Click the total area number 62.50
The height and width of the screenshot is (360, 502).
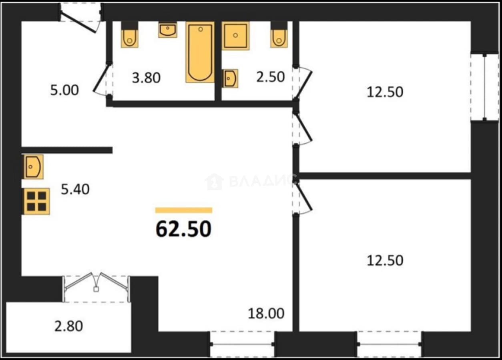pyautogui.click(x=183, y=229)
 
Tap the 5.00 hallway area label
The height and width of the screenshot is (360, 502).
pyautogui.click(x=64, y=90)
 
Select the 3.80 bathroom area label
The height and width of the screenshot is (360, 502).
pyautogui.click(x=147, y=78)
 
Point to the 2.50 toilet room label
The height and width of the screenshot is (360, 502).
pyautogui.click(x=271, y=77)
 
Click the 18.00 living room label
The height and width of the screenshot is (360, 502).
pyautogui.click(x=266, y=314)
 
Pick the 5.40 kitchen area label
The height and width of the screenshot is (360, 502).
pyautogui.click(x=75, y=189)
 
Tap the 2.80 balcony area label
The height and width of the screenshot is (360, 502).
pyautogui.click(x=68, y=326)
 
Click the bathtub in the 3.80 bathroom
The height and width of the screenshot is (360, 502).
pyautogui.click(x=200, y=52)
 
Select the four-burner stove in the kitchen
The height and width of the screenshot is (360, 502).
pyautogui.click(x=37, y=201)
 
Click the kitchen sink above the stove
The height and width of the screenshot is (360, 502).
pyautogui.click(x=33, y=167)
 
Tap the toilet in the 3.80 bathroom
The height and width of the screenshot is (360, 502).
pyautogui.click(x=130, y=35)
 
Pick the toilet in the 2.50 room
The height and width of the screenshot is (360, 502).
pyautogui.click(x=279, y=35)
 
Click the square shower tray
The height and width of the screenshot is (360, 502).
pyautogui.click(x=235, y=36)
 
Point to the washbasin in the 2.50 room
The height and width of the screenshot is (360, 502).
pyautogui.click(x=230, y=78)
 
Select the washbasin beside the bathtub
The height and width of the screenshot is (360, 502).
pyautogui.click(x=168, y=30)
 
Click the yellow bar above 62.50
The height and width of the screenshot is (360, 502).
pyautogui.click(x=184, y=210)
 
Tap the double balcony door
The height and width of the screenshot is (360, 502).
pyautogui.click(x=96, y=287)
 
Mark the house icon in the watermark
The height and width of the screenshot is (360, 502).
pyautogui.click(x=215, y=182)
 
